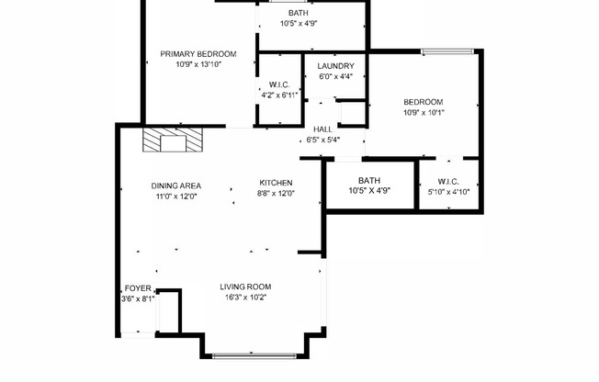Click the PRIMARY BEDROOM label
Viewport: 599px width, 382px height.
(198, 54)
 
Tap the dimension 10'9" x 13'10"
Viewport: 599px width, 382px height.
(198, 64)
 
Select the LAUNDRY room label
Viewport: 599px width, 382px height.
(335, 66)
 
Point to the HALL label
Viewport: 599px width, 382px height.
(322, 129)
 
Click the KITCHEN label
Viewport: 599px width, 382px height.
(276, 183)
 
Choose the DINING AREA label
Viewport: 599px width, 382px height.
(176, 185)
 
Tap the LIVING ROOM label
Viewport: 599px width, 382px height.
(246, 286)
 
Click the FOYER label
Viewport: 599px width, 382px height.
(138, 287)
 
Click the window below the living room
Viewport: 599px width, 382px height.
(253, 354)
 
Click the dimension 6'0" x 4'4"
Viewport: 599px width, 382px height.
(335, 76)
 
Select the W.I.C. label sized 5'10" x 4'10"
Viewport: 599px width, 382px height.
(448, 181)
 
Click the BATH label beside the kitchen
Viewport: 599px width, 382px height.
(369, 180)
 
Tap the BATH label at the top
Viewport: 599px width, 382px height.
(299, 13)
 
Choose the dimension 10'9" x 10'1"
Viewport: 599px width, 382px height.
(424, 113)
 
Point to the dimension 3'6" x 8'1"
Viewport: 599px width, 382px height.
(138, 298)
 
